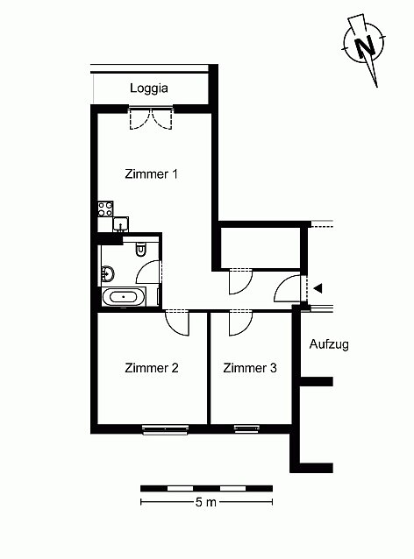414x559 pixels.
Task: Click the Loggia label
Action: click(x=149, y=88)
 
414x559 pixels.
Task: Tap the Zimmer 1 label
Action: click(x=151, y=174)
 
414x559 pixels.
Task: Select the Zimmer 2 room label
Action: click(x=152, y=368)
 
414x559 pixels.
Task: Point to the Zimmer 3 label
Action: click(x=250, y=368)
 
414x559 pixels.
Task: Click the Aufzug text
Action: click(x=329, y=344)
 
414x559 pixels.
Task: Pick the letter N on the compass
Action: click(x=364, y=46)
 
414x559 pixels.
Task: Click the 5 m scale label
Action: click(x=206, y=502)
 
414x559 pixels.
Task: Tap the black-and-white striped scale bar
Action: click(x=207, y=488)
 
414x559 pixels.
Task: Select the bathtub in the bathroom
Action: click(x=124, y=297)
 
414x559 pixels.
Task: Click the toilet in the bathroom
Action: click(x=141, y=249)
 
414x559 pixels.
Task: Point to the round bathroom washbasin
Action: click(x=108, y=273)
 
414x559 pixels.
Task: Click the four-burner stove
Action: click(x=105, y=209)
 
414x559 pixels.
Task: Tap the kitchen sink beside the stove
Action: click(x=121, y=224)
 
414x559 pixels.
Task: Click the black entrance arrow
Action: click(x=318, y=288)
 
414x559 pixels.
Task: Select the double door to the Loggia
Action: click(x=151, y=118)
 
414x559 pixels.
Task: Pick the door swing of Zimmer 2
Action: click(x=177, y=323)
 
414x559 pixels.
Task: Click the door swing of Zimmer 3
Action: click(x=240, y=323)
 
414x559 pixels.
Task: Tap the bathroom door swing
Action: click(x=149, y=272)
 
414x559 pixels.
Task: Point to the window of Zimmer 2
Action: click(x=165, y=429)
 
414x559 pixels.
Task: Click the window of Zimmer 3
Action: click(x=246, y=428)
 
